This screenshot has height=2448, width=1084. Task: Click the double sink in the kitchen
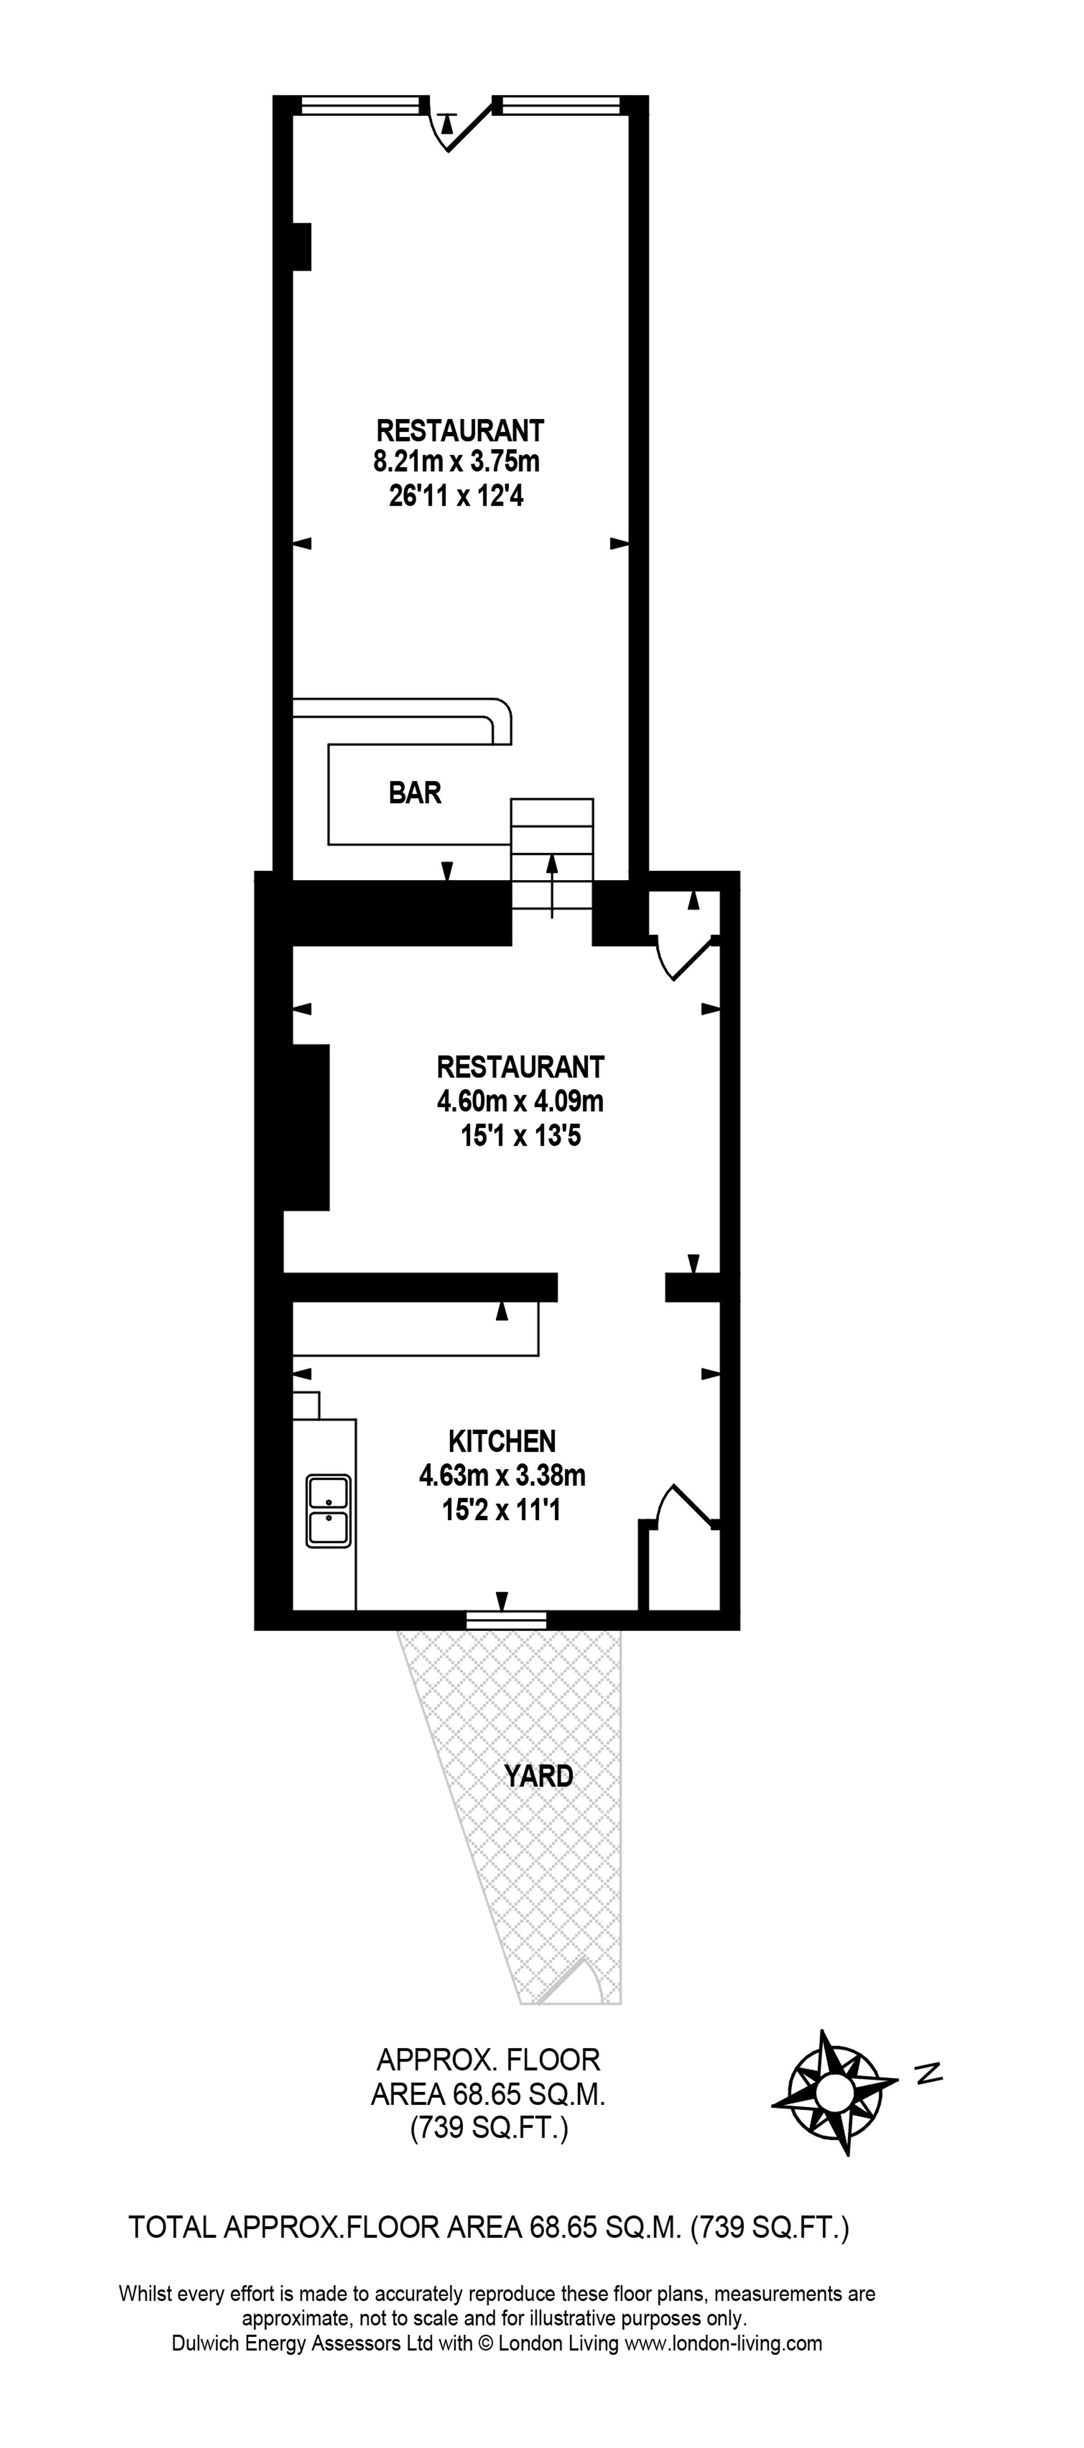(328, 1510)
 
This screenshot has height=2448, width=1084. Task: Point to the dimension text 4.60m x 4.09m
(520, 1101)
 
